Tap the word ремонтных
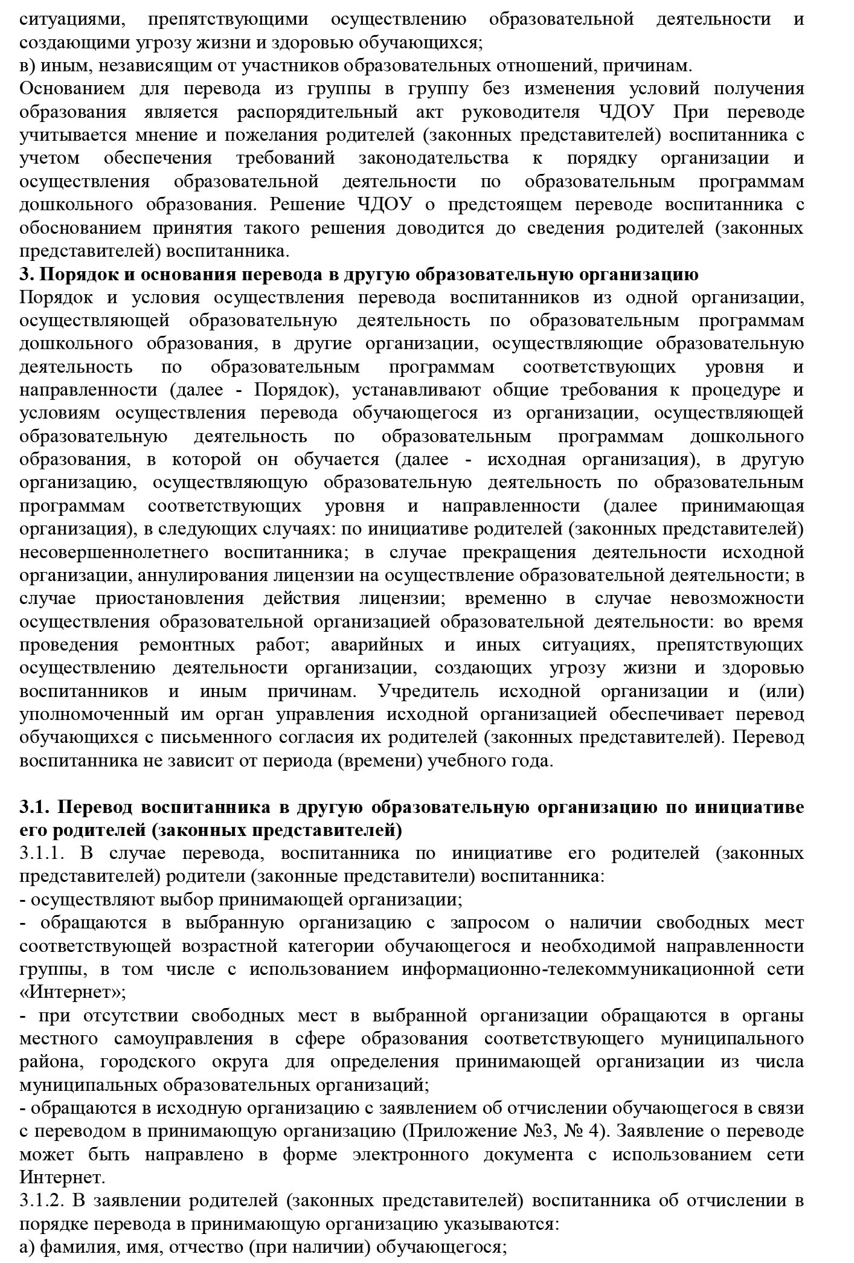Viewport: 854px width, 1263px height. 187,644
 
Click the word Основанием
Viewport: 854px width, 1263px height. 72,89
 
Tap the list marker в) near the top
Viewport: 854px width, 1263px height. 27,65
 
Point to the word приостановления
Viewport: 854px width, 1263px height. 169,599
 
